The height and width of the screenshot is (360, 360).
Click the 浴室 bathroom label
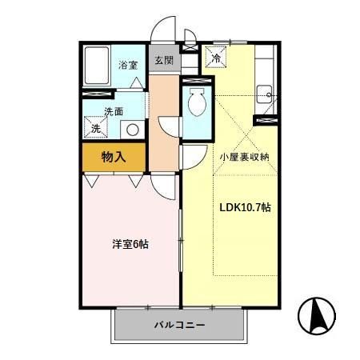127,65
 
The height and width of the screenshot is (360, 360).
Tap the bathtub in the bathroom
98,64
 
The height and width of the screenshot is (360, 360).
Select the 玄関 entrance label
162,61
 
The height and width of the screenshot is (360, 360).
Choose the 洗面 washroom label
113,112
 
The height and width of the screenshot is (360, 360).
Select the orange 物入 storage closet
114,157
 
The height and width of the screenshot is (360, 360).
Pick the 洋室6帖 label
129,243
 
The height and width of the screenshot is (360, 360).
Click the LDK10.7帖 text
245,207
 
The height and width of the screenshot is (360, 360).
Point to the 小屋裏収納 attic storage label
245,157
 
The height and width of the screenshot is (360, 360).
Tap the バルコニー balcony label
180,326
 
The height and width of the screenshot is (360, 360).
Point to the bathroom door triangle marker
138,83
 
